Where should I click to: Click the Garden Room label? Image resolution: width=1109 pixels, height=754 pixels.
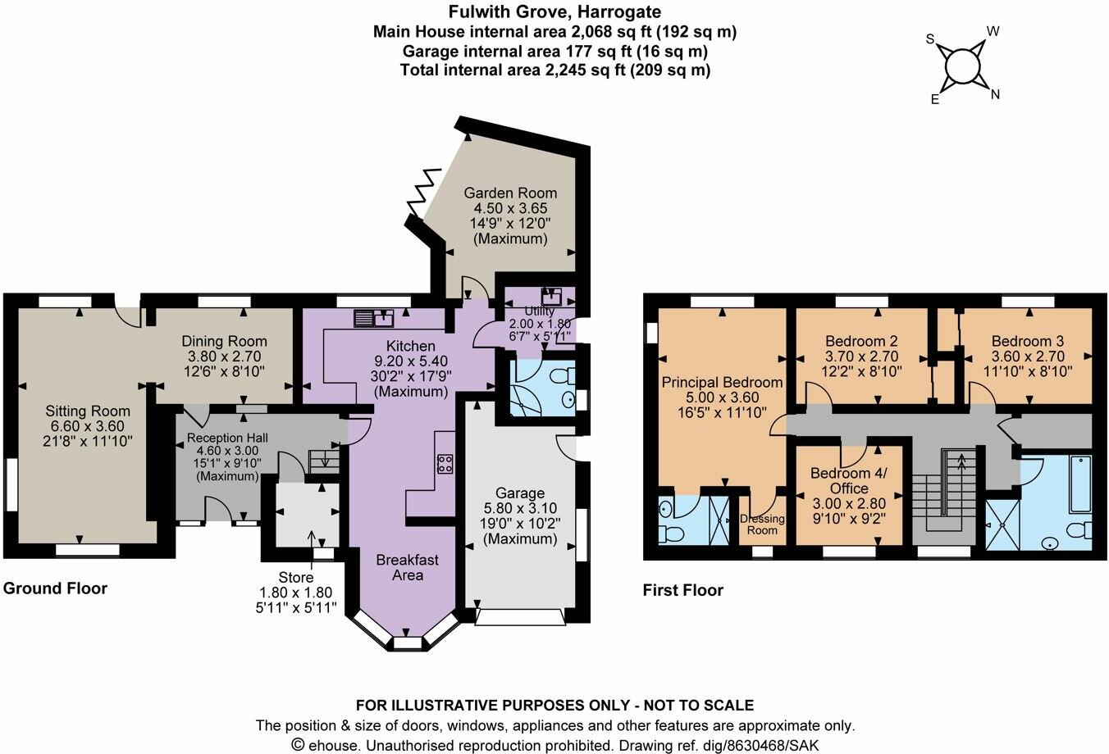(x=510, y=193)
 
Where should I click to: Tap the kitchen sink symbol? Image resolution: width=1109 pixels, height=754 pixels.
(x=374, y=318)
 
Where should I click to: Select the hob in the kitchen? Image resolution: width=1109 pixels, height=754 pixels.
(x=445, y=464)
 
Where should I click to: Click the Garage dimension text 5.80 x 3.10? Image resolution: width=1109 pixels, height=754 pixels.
(x=520, y=508)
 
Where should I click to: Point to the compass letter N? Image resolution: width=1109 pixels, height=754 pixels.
(x=995, y=94)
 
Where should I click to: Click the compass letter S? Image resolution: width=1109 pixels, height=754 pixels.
(x=930, y=39)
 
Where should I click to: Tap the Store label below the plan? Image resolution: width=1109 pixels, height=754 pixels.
(x=295, y=577)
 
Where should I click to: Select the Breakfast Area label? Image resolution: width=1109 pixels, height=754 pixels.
(x=407, y=567)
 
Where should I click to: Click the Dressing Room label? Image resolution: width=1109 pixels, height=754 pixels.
(x=762, y=525)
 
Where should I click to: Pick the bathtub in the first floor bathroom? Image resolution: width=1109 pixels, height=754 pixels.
(x=1080, y=484)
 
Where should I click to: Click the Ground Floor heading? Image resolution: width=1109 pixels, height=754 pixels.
(x=55, y=588)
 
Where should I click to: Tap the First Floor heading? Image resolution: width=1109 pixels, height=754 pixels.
(x=682, y=590)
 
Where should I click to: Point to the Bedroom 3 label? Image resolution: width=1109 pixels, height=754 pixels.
(x=1027, y=341)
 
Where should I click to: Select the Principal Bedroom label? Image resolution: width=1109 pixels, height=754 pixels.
(x=722, y=383)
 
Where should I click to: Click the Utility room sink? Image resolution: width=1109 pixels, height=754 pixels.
(x=551, y=297)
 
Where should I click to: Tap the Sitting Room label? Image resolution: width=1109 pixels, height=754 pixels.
(x=88, y=411)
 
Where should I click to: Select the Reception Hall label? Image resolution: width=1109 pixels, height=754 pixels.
(x=227, y=438)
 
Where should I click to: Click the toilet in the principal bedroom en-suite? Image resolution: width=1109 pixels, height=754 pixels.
(x=671, y=534)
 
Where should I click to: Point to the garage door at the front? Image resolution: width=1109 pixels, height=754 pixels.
(x=520, y=617)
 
